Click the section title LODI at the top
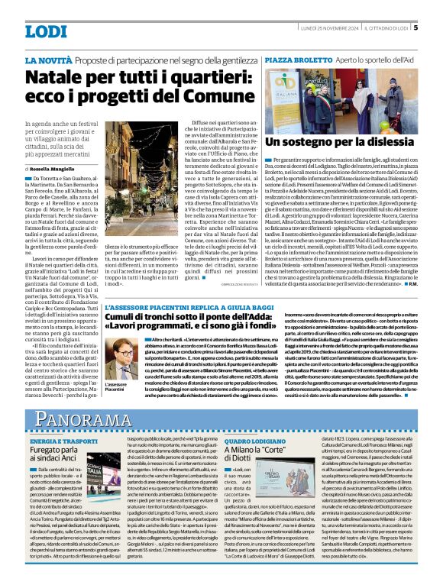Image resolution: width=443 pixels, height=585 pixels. (x=47, y=31)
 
